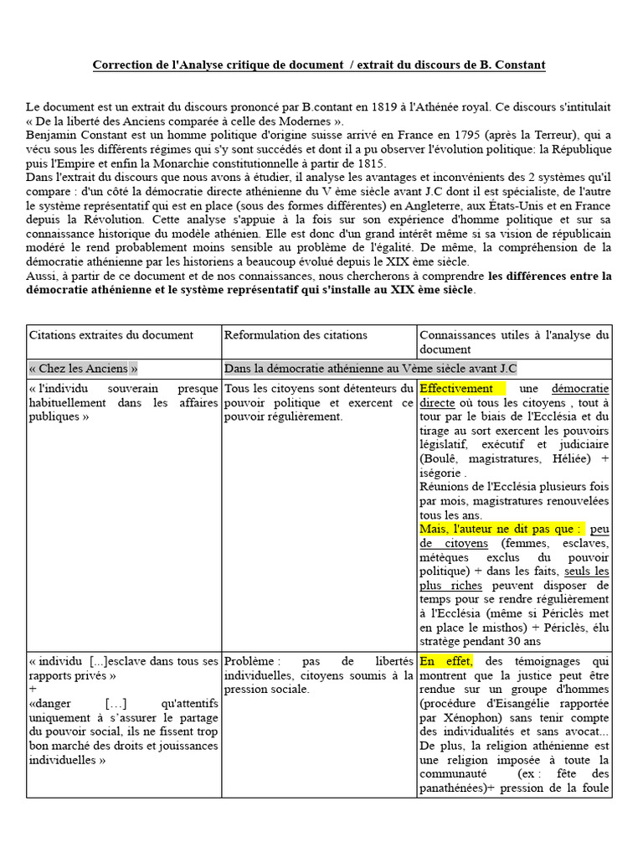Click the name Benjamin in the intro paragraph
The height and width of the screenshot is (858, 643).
tap(52, 135)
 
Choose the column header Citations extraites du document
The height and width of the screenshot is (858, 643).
tap(111, 335)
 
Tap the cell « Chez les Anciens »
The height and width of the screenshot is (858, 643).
tap(84, 368)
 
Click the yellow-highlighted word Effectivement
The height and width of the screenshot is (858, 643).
tap(456, 389)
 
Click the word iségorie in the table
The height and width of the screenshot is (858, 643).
tap(440, 473)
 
